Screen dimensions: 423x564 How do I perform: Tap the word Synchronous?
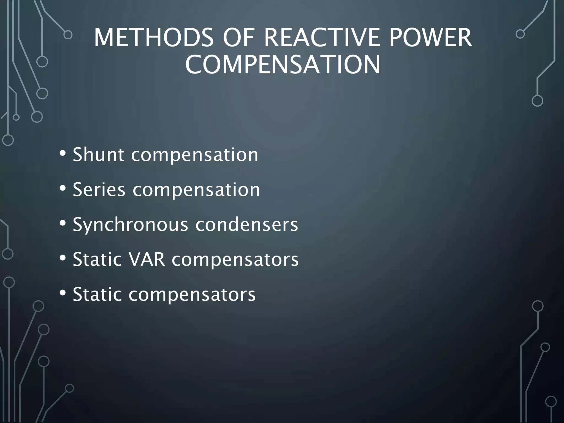[x=131, y=225]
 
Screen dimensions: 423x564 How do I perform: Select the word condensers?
[x=247, y=225]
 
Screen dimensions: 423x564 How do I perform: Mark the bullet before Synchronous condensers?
[x=63, y=223]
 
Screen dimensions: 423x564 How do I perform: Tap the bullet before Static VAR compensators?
[x=63, y=258]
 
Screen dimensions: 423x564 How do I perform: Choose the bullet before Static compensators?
[x=63, y=293]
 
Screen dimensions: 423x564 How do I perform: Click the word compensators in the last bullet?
[x=192, y=295]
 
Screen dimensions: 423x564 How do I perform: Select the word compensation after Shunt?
[x=195, y=155]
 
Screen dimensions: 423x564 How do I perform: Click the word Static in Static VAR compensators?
[x=97, y=259]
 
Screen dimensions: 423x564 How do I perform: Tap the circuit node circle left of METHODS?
[x=68, y=35]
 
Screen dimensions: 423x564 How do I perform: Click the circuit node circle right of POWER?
[x=520, y=34]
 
